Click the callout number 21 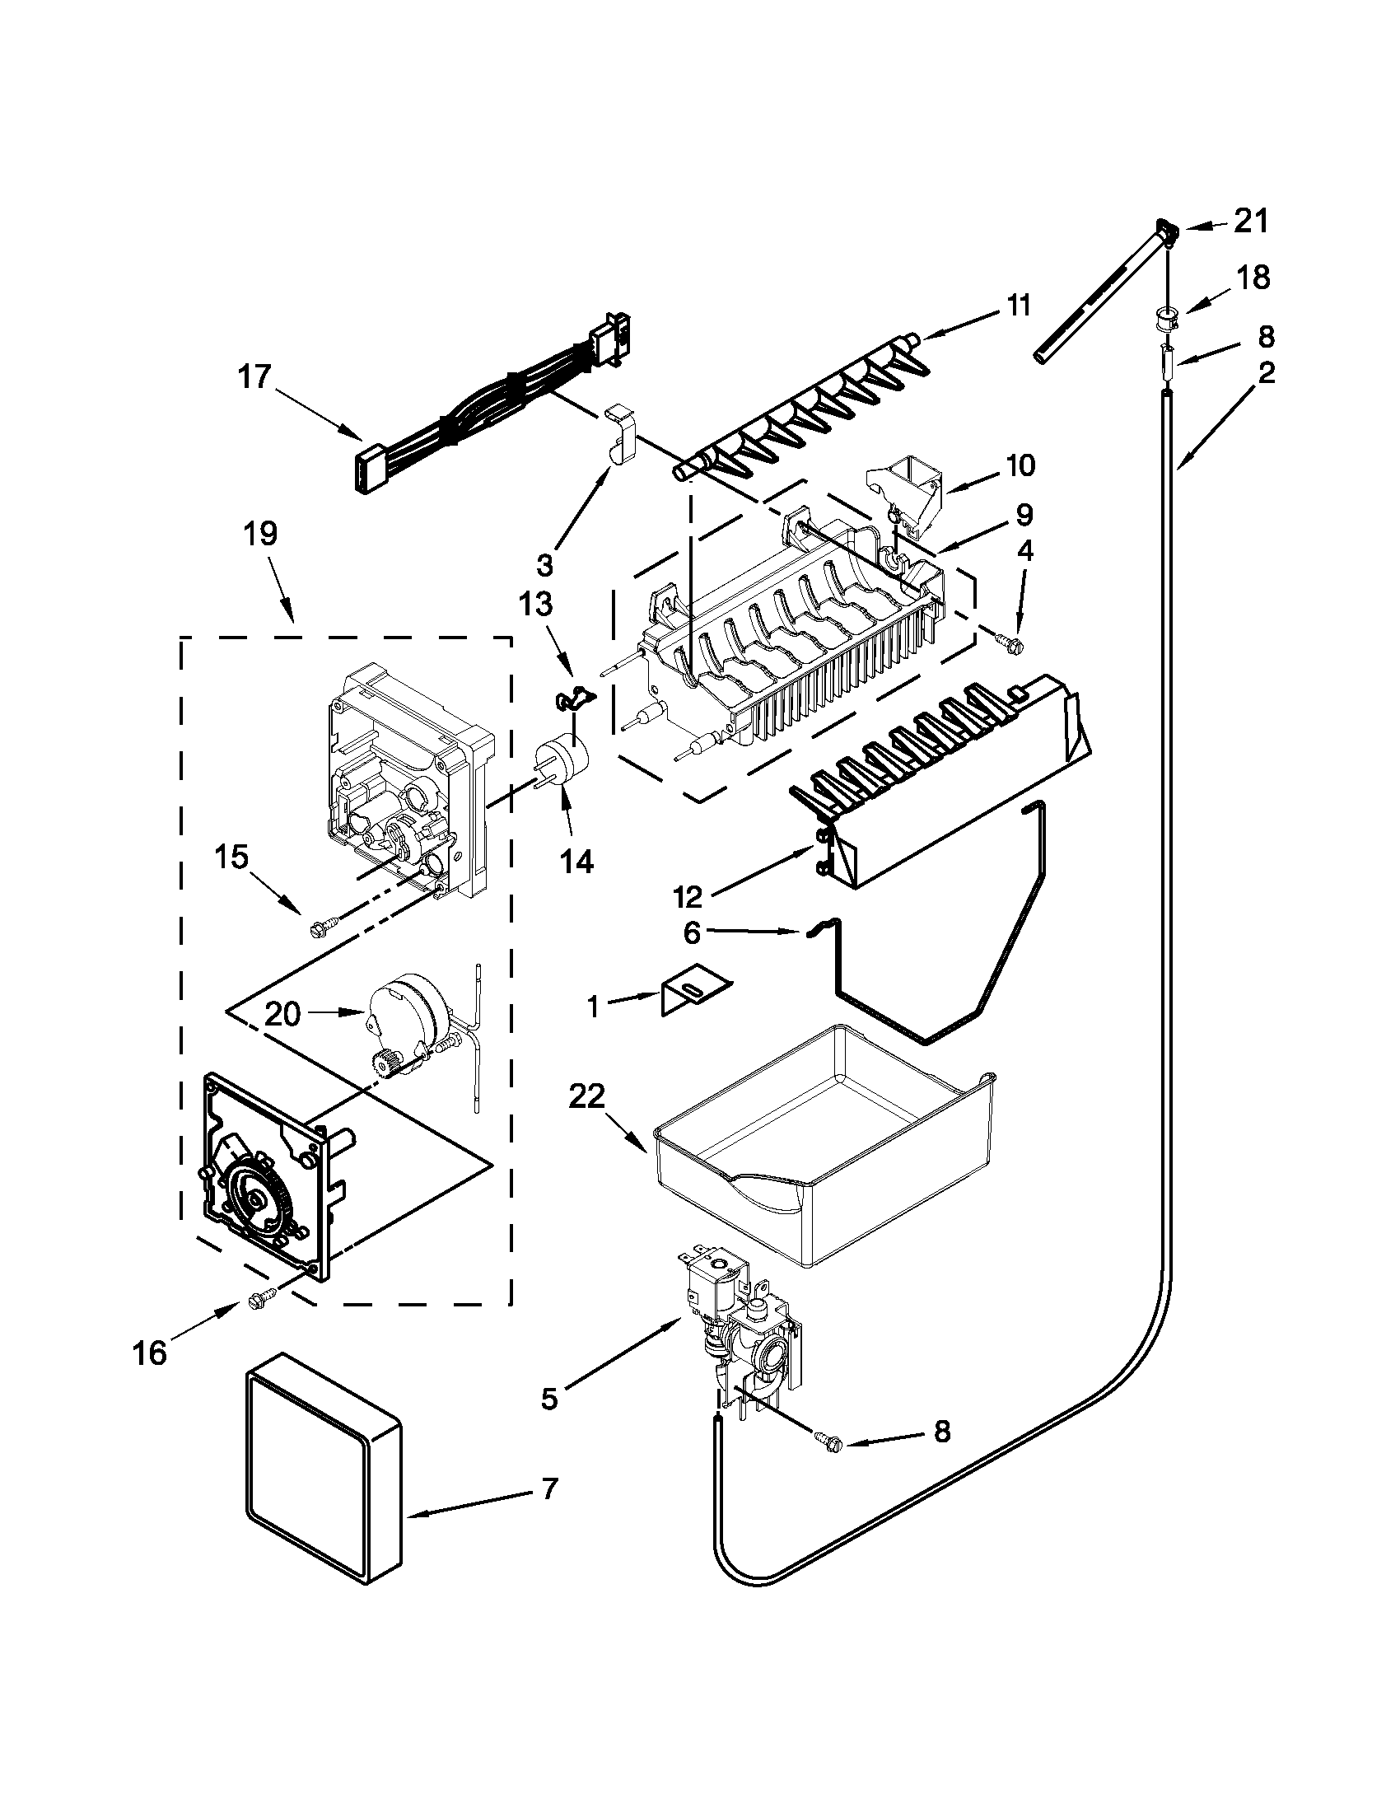(1252, 222)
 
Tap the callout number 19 (260, 534)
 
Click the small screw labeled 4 (1010, 643)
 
